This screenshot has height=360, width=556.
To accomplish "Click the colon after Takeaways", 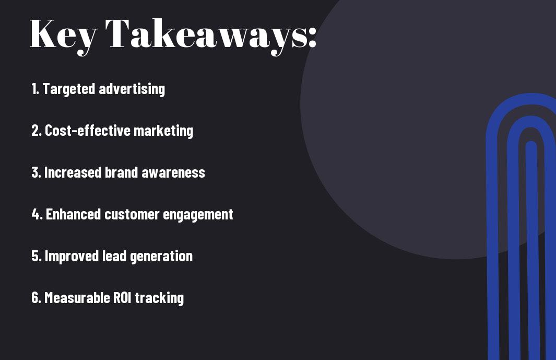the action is tap(312, 37).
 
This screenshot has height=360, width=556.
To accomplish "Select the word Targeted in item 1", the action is tap(69, 89).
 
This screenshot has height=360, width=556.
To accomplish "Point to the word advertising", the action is tap(132, 89).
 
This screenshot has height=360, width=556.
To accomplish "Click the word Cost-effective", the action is tap(88, 130).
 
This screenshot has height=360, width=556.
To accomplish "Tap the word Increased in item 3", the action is tap(73, 172).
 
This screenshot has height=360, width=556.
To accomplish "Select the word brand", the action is tap(121, 172).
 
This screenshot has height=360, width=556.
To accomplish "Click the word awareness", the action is tap(173, 173).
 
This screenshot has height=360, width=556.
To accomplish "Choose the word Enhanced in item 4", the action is tap(74, 214).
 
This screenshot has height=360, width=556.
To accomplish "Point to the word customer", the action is tap(132, 215).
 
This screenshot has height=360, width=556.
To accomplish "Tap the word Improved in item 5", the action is tap(72, 256).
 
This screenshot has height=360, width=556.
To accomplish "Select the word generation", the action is tap(161, 257).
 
